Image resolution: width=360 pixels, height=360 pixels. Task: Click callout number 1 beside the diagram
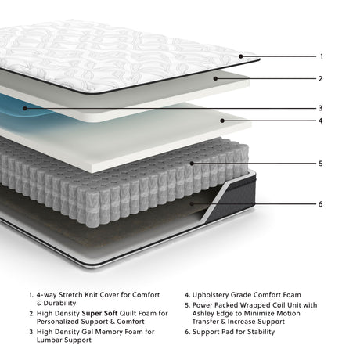(x=322, y=56)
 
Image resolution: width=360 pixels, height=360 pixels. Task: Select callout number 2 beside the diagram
(x=322, y=78)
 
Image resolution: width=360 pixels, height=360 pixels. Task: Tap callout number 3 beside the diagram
(x=322, y=108)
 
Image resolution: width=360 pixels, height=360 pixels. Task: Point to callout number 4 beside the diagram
(x=322, y=121)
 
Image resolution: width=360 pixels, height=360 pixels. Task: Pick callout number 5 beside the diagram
(x=322, y=164)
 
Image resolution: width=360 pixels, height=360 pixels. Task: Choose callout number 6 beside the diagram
(x=322, y=204)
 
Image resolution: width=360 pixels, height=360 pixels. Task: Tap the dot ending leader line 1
(x=241, y=56)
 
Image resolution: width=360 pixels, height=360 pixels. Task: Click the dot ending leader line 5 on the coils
(x=193, y=164)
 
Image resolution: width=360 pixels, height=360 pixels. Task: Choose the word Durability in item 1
(x=55, y=303)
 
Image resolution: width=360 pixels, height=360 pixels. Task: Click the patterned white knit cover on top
(x=117, y=51)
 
